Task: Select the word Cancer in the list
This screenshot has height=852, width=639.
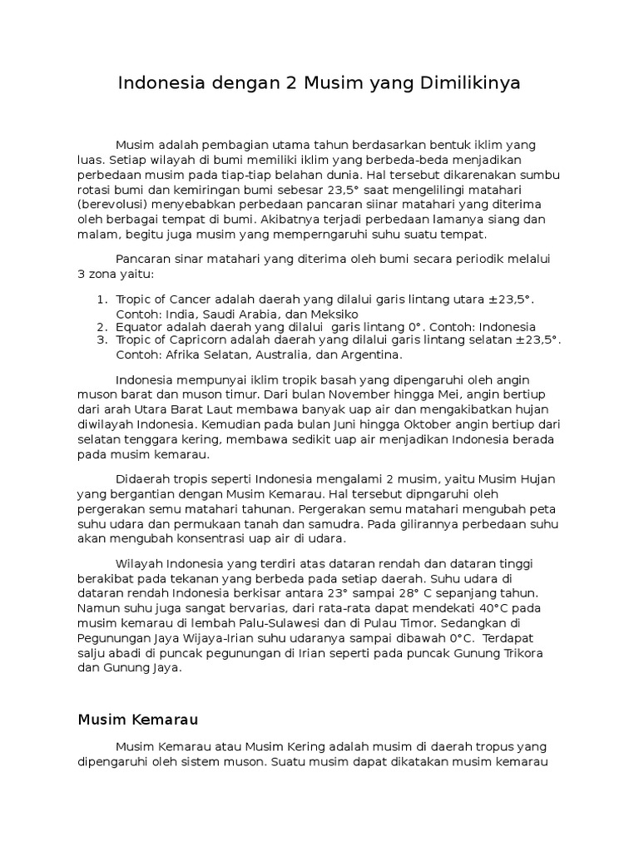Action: coord(191,300)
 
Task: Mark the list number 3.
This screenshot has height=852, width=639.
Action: coord(102,340)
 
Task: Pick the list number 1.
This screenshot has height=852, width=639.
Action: coord(102,300)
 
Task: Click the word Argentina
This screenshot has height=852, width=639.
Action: coord(364,354)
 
